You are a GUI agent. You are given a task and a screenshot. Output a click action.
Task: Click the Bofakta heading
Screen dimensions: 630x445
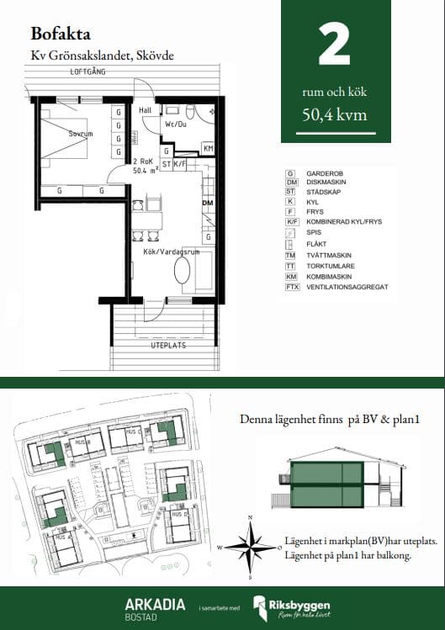pyautogui.click(x=60, y=34)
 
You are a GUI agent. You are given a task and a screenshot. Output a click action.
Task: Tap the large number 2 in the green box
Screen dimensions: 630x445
pyautogui.click(x=335, y=46)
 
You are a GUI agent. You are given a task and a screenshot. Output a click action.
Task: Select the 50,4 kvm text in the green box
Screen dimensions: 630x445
pyautogui.click(x=335, y=115)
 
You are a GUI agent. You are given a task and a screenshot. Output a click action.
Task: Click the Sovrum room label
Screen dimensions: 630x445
pyautogui.click(x=81, y=134)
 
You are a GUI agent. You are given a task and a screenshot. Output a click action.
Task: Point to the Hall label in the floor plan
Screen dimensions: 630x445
pyautogui.click(x=145, y=110)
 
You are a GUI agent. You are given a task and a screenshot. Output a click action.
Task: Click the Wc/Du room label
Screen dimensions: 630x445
pyautogui.click(x=176, y=124)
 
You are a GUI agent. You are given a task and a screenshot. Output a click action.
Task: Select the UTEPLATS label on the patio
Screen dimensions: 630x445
pyautogui.click(x=167, y=346)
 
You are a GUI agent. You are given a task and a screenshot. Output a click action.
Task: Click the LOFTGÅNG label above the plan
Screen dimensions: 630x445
pyautogui.click(x=88, y=73)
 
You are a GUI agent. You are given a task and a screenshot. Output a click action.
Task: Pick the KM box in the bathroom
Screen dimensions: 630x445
pyautogui.click(x=208, y=149)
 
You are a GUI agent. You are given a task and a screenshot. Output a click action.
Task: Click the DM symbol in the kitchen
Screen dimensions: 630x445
pyautogui.click(x=206, y=204)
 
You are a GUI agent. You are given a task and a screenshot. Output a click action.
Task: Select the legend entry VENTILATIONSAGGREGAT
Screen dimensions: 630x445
pyautogui.click(x=347, y=287)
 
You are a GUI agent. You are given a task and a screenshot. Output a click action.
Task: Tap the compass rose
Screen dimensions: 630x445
pyautogui.click(x=249, y=547)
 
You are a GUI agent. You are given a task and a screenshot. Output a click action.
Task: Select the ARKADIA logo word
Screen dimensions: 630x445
pyautogui.click(x=150, y=604)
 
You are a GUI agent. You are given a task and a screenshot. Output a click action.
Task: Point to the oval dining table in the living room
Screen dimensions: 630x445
pyautogui.click(x=183, y=273)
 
